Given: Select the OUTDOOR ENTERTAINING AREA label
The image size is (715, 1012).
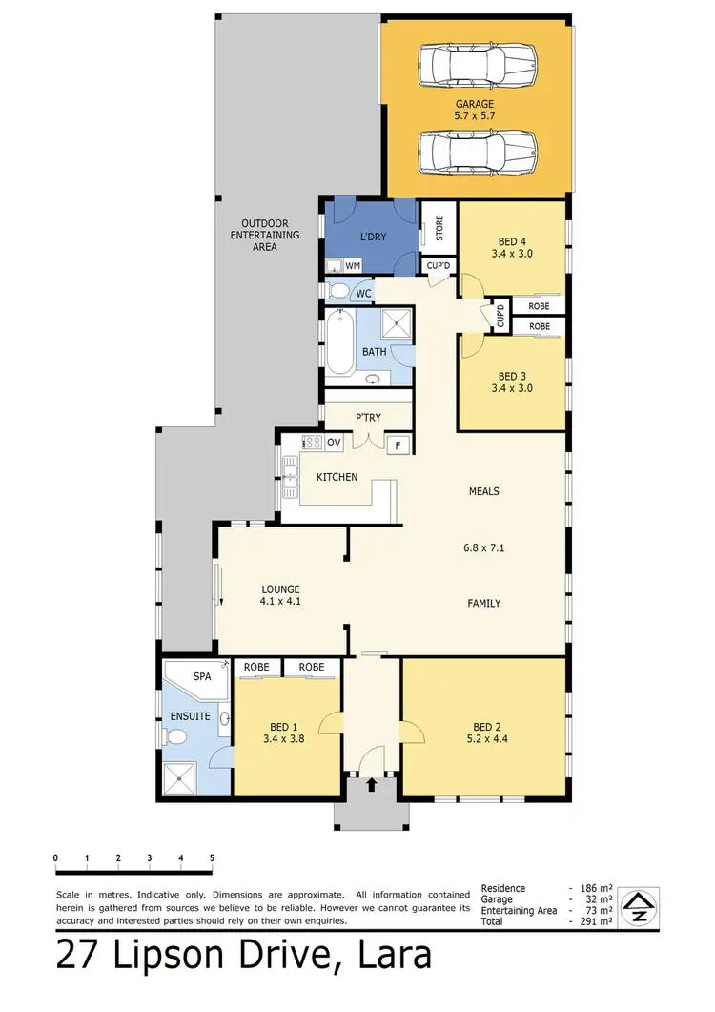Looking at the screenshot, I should pyautogui.click(x=265, y=235).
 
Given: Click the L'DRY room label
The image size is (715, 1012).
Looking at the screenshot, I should pyautogui.click(x=372, y=237).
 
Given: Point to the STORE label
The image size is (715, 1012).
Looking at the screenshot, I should pyautogui.click(x=439, y=229).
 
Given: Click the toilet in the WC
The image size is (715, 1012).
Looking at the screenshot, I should pyautogui.click(x=338, y=291).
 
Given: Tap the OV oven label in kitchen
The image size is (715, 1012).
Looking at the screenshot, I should pyautogui.click(x=334, y=444).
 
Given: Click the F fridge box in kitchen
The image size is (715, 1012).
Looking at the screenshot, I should pyautogui.click(x=398, y=444).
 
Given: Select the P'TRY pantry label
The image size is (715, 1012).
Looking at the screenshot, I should pyautogui.click(x=368, y=417).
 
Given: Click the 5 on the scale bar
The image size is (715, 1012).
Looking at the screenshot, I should pyautogui.click(x=212, y=858).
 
